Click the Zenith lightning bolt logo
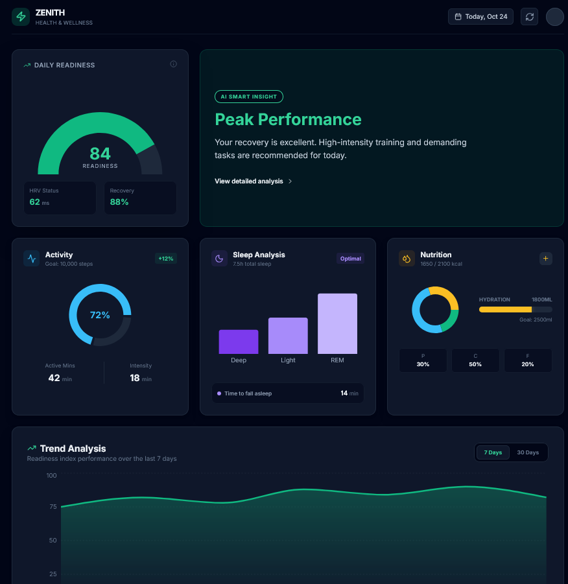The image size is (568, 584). (x=21, y=17)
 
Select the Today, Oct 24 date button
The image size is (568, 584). (x=480, y=17)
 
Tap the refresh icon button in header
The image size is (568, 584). (x=529, y=17)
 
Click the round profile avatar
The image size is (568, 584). (x=554, y=17)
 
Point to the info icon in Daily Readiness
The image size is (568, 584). (x=173, y=64)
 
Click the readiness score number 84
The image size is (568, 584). (x=100, y=154)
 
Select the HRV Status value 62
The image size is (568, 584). (x=35, y=202)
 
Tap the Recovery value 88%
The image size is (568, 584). (x=119, y=202)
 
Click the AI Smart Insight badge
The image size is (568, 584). (x=249, y=97)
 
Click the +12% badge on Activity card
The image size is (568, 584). (x=165, y=259)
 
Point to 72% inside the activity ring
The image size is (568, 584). (x=100, y=315)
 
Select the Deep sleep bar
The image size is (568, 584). (x=239, y=342)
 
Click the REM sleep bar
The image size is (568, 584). (x=337, y=323)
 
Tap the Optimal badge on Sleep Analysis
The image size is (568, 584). (x=350, y=259)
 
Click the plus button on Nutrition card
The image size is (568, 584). (x=545, y=259)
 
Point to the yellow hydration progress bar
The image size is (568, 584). (x=505, y=310)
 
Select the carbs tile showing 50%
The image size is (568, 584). (x=475, y=360)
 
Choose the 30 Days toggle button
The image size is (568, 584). (x=528, y=452)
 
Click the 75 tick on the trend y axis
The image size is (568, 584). (x=52, y=507)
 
